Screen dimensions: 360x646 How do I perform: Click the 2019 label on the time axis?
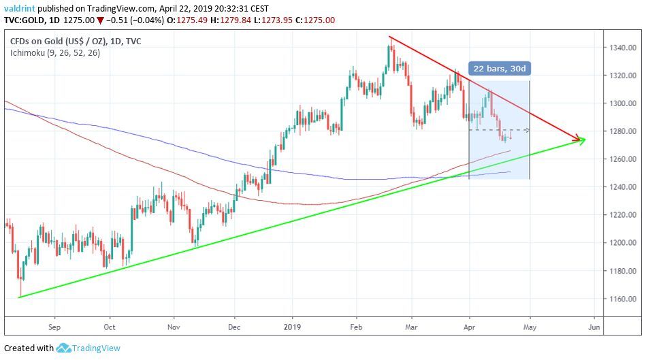tap(292, 326)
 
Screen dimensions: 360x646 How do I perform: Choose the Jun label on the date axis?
tap(594, 326)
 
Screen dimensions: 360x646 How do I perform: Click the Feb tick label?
tap(356, 326)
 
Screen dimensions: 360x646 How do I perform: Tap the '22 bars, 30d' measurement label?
tap(499, 69)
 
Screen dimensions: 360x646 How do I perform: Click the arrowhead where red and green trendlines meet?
tap(581, 140)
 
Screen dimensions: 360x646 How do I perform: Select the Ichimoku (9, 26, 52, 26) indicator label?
tap(55, 52)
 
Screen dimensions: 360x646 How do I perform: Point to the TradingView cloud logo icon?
tap(64, 348)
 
